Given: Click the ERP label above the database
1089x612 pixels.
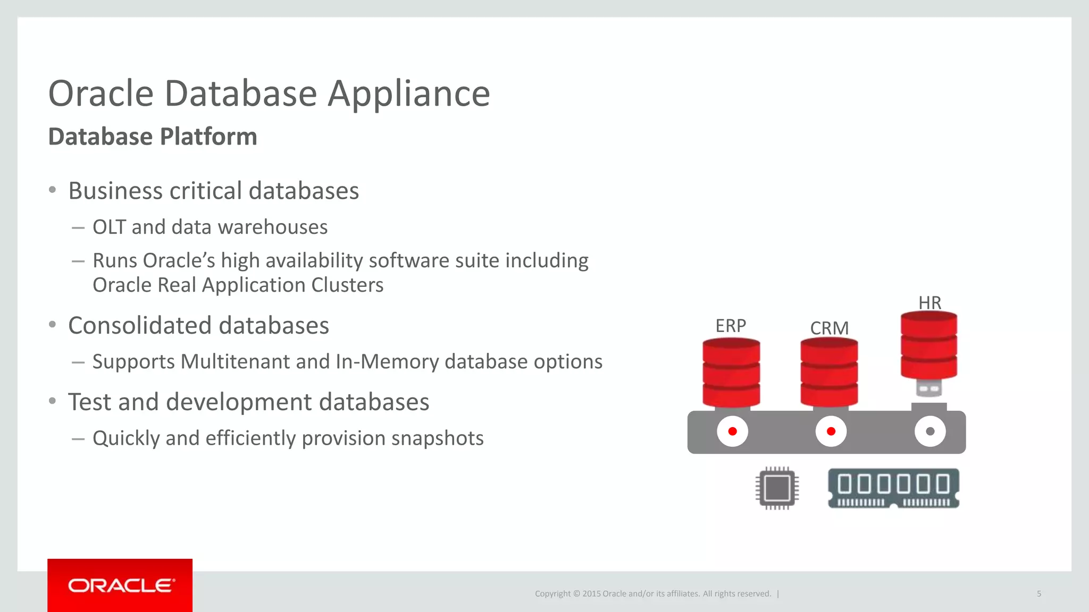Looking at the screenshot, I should [x=731, y=326].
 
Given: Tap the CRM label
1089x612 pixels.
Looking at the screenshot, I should [x=829, y=328].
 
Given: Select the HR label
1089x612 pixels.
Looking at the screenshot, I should [x=929, y=303].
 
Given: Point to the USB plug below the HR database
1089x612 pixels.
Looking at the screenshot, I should [x=929, y=388].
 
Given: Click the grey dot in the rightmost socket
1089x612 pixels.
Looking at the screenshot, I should [x=930, y=431].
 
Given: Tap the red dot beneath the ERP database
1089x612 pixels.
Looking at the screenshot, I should [x=732, y=431].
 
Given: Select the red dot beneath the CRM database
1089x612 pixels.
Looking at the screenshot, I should [x=831, y=431].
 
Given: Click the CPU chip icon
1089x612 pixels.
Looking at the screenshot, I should [x=777, y=488].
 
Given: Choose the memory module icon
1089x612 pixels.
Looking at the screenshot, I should [x=893, y=488].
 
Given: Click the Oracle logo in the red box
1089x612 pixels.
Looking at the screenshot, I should [x=120, y=585].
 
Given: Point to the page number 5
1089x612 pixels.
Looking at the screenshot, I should [x=1038, y=594].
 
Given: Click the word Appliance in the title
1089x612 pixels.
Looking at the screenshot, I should [x=408, y=94].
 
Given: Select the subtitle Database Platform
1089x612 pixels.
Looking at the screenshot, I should [x=153, y=137].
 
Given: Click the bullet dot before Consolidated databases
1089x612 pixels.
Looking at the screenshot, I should [x=52, y=325].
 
